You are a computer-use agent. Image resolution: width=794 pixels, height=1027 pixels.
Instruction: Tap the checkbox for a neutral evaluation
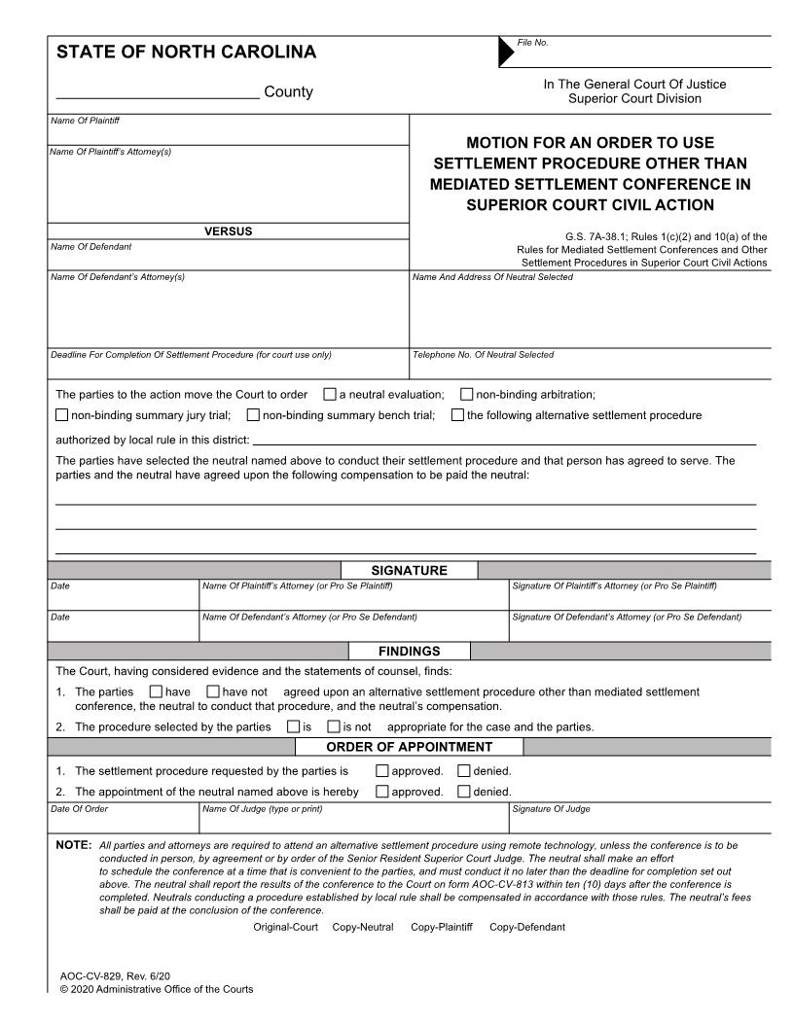329,395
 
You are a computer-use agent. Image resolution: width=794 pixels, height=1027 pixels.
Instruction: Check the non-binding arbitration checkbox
466,395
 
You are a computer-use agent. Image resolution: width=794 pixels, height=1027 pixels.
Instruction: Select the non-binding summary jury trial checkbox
62,416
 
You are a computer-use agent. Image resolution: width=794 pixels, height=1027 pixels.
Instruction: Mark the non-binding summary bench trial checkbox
253,416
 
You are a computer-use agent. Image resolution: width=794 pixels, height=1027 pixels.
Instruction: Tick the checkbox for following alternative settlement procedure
457,416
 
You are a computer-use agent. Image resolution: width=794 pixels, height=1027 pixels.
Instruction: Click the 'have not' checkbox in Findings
213,692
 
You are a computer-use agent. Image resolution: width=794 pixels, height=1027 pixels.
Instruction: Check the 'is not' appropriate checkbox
333,726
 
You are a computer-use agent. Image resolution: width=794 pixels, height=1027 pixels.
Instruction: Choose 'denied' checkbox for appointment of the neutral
463,792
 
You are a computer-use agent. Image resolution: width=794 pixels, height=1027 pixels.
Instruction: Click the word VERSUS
229,231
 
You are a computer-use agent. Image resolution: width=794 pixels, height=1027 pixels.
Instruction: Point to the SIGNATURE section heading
409,571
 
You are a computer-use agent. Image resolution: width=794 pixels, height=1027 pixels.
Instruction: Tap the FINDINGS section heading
409,652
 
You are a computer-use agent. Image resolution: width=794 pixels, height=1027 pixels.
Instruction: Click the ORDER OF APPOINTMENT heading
409,747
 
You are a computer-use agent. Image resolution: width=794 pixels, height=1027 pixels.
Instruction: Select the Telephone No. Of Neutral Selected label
483,355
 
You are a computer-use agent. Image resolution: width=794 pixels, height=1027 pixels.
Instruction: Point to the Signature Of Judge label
550,809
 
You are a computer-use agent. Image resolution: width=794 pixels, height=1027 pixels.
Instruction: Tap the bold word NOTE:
73,846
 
